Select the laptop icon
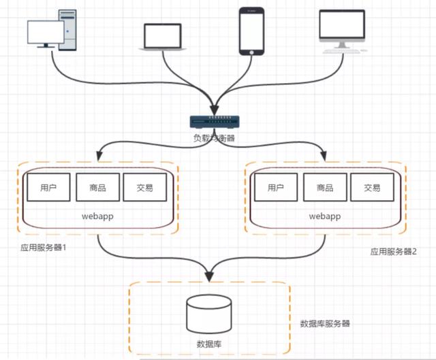[162, 37]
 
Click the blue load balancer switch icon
[214, 122]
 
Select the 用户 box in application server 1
[48, 187]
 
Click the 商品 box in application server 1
[96, 187]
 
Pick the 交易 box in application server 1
[144, 187]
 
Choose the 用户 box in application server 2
[275, 187]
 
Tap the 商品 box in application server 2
[324, 187]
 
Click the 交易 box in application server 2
[371, 187]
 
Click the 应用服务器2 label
[393, 250]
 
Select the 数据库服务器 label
[326, 323]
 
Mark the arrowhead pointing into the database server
[209, 276]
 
